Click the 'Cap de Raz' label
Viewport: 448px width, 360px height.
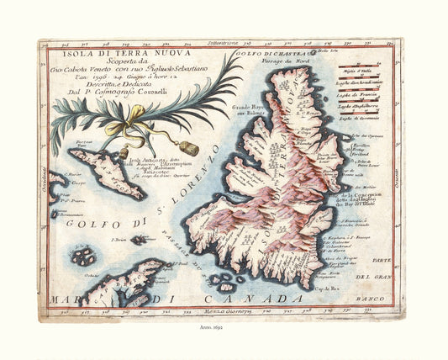pyautogui.click(x=337, y=285)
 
